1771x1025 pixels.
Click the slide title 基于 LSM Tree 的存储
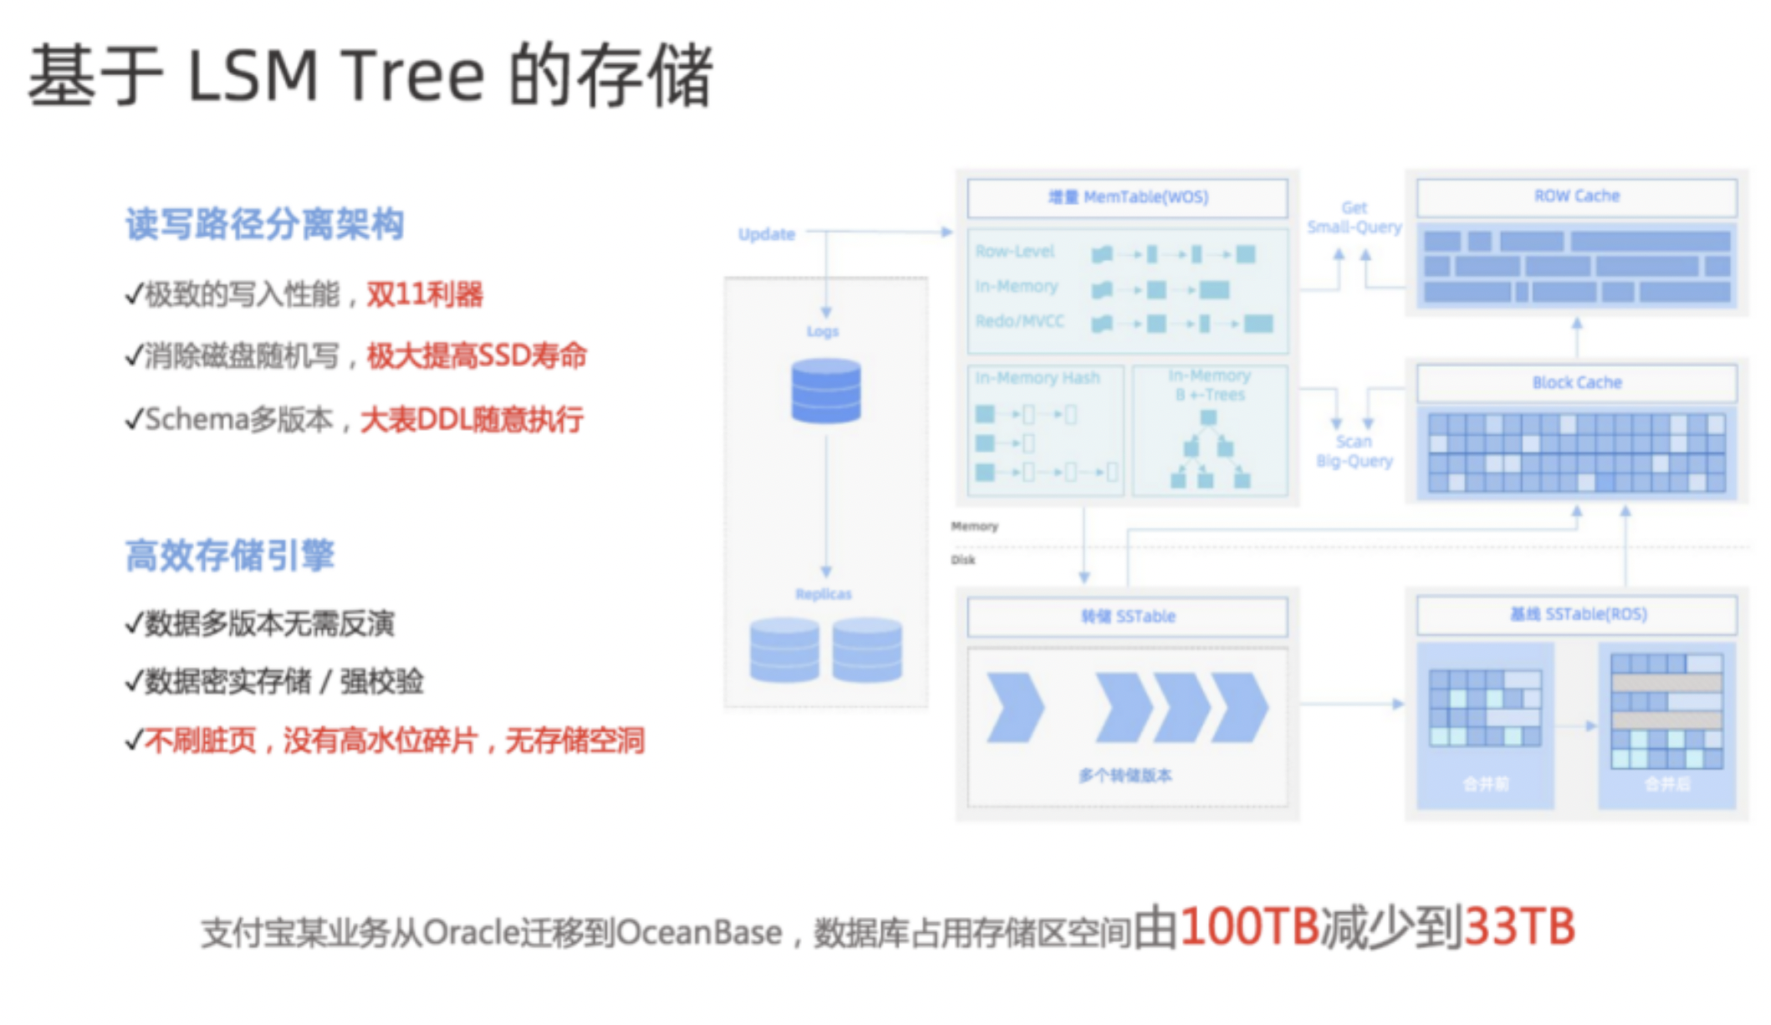370,75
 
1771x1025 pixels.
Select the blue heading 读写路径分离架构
264,224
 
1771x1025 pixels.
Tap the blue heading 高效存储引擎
230,555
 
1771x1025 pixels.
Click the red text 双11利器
425,294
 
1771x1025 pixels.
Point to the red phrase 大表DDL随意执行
472,419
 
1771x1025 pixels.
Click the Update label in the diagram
766,234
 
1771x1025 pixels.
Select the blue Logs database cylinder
826,390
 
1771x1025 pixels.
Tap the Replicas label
824,594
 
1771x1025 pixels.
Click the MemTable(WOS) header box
1127,198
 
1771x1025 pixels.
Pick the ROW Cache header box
1576,196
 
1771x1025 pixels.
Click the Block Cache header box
1576,383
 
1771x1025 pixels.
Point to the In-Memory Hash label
1037,378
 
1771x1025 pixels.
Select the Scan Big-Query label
1354,451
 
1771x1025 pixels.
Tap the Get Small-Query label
1354,217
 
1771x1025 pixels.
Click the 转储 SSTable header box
1127,617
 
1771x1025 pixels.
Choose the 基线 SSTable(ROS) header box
1577,614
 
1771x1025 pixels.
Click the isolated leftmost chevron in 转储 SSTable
1014,707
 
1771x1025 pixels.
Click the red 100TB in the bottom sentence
1249,927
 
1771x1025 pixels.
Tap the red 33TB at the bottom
1518,927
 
